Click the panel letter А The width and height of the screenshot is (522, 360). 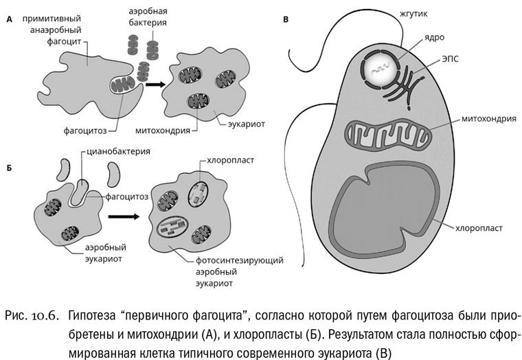point(9,20)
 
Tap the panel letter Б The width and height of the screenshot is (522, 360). point(9,167)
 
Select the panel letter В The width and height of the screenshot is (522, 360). point(285,20)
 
